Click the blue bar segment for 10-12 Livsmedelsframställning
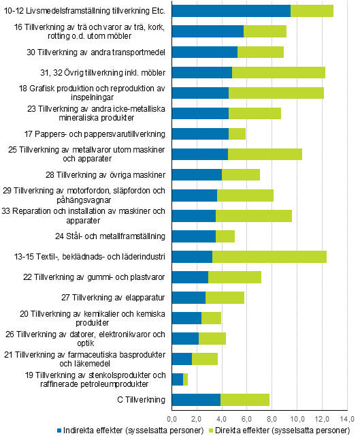[x=231, y=10]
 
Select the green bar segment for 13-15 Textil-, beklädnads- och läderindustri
[x=269, y=257]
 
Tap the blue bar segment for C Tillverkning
[x=196, y=400]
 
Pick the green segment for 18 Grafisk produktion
[x=276, y=93]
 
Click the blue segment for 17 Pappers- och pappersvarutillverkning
[x=200, y=134]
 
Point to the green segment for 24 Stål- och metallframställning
[x=225, y=236]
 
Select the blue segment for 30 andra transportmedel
[x=204, y=52]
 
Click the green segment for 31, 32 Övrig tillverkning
[x=278, y=72]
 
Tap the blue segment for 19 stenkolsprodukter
[x=177, y=379]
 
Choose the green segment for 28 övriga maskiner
[x=241, y=175]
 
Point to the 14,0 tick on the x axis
[x=348, y=418]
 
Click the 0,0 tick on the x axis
[x=172, y=418]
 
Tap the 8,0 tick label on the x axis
[x=272, y=418]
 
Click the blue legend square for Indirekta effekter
[x=61, y=431]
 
